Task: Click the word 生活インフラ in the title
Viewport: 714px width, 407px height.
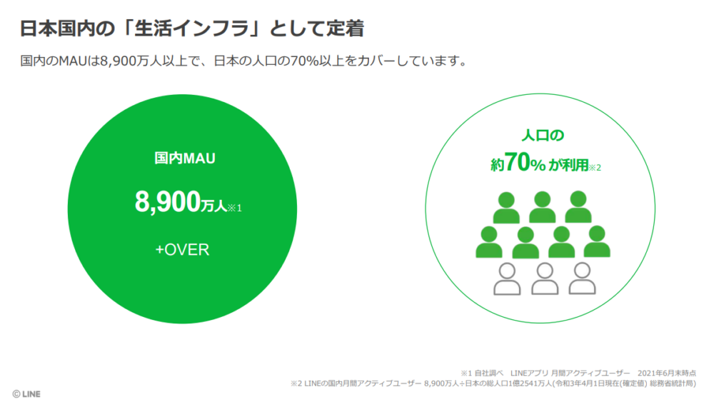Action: click(191, 29)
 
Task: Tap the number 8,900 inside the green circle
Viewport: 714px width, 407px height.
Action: click(168, 201)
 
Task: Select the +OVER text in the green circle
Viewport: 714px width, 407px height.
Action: click(182, 249)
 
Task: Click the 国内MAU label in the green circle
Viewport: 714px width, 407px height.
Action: click(185, 158)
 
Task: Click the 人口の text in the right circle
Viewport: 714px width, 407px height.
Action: click(543, 135)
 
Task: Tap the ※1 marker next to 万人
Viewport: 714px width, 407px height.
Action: click(234, 208)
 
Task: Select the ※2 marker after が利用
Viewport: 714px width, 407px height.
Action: click(595, 168)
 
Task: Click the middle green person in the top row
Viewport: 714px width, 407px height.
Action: click(543, 207)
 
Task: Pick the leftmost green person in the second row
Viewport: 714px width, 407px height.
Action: click(489, 242)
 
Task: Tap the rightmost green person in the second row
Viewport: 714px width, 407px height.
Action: click(597, 242)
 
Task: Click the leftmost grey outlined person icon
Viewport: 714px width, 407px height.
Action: click(507, 279)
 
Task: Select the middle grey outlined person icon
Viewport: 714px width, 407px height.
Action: click(545, 278)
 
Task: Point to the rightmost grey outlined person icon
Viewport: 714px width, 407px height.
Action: click(583, 278)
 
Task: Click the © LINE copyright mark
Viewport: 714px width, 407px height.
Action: click(26, 394)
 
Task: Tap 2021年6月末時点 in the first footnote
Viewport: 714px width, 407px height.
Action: click(667, 373)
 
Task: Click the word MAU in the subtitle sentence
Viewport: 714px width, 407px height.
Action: click(73, 61)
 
